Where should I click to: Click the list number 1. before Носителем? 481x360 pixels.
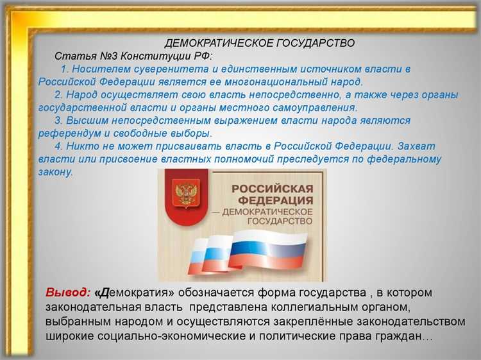[x=65, y=69]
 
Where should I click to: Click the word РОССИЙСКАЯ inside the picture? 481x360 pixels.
[x=272, y=189]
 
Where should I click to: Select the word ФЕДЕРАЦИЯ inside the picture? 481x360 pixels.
[x=272, y=200]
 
